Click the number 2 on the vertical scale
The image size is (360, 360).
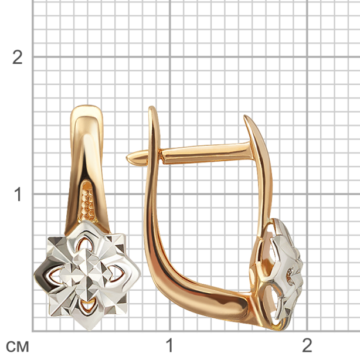[18, 57]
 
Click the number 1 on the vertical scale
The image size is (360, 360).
[18, 194]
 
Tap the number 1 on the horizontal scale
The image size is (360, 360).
[169, 345]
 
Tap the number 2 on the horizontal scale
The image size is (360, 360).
[307, 345]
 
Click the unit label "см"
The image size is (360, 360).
[18, 347]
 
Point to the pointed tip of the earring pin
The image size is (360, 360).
[127, 158]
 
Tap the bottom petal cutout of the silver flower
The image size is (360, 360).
[87, 307]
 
